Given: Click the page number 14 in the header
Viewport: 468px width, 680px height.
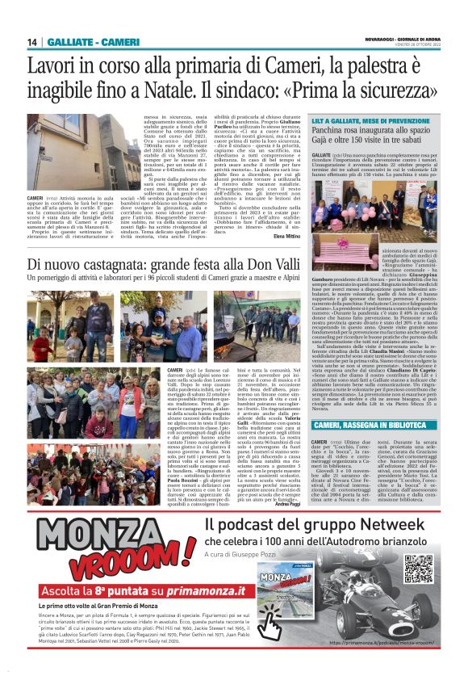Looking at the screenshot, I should coord(32,42).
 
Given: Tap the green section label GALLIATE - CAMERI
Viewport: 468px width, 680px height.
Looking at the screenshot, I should coord(82,42).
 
